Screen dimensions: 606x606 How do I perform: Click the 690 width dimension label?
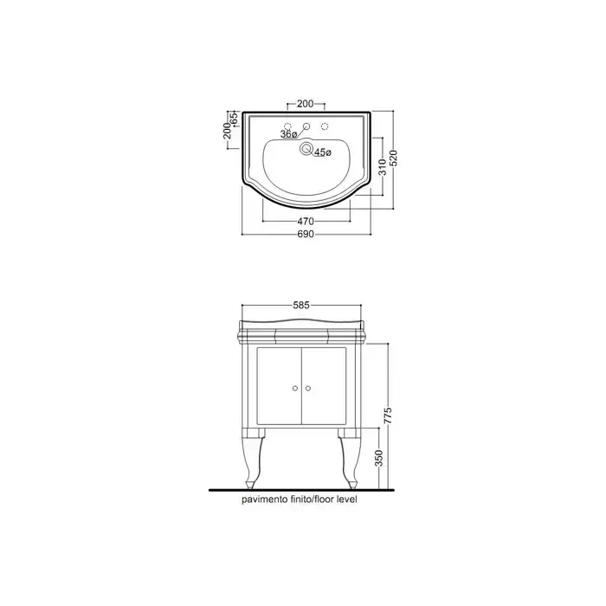click(306, 235)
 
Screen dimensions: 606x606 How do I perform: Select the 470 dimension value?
click(306, 222)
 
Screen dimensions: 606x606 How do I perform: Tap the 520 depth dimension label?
click(393, 158)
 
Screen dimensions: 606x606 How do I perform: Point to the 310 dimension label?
click(383, 167)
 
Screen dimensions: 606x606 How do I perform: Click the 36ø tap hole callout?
click(288, 134)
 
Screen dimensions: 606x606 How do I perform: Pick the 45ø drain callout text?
click(323, 152)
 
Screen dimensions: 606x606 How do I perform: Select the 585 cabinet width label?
click(301, 306)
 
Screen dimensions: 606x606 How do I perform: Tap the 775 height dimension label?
click(388, 415)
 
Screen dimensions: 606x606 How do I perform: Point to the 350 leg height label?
click(378, 458)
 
